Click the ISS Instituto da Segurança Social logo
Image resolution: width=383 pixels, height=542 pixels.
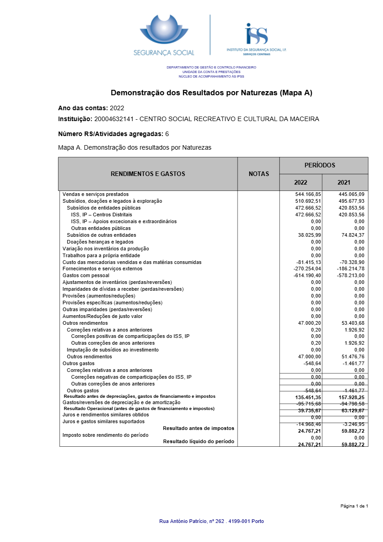[x=256, y=39]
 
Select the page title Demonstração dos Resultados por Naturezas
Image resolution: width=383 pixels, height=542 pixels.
[x=212, y=93]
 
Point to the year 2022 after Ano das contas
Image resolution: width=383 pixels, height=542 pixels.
[x=117, y=108]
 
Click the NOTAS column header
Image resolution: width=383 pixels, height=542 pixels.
[x=259, y=174]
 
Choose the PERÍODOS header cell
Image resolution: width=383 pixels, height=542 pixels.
[x=323, y=166]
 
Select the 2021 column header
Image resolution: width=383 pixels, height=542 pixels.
[x=344, y=183]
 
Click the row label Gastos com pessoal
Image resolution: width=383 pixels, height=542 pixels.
[x=86, y=275]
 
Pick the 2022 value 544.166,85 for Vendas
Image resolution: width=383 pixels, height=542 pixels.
[x=308, y=194]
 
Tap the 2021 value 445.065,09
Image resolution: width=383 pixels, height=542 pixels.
[x=351, y=194]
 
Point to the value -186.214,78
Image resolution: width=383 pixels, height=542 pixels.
[x=351, y=269]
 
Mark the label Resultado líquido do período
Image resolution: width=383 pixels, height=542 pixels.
[x=199, y=441]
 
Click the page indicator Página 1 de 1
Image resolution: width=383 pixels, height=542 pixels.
[x=354, y=506]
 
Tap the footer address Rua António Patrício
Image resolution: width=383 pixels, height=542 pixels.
[x=211, y=521]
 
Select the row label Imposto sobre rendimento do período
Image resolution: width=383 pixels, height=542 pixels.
[x=105, y=435]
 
